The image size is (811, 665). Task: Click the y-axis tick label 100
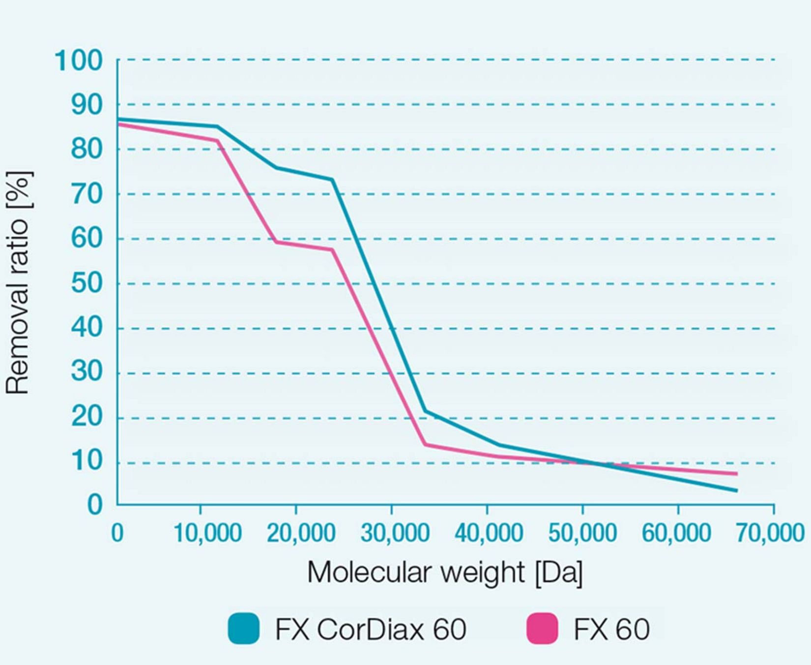point(79,61)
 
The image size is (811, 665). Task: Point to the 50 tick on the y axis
point(87,284)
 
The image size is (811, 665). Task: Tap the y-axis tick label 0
point(95,505)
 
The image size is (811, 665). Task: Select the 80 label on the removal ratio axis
point(87,149)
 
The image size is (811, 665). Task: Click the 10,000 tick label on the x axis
point(207,533)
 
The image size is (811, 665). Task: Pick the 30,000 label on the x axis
point(395,533)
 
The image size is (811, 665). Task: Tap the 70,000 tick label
point(769,533)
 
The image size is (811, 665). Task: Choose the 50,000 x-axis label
point(582,533)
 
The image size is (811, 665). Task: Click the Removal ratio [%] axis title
point(18,283)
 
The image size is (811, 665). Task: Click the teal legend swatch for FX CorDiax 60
point(243,629)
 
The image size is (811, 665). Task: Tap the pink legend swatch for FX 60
point(542,629)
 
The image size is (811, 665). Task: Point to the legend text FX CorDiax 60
point(371,629)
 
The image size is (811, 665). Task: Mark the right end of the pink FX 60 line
point(736,474)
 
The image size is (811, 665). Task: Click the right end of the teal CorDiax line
point(736,491)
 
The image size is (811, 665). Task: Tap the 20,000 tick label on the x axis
point(301,533)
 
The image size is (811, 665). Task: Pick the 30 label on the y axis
point(87,373)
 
